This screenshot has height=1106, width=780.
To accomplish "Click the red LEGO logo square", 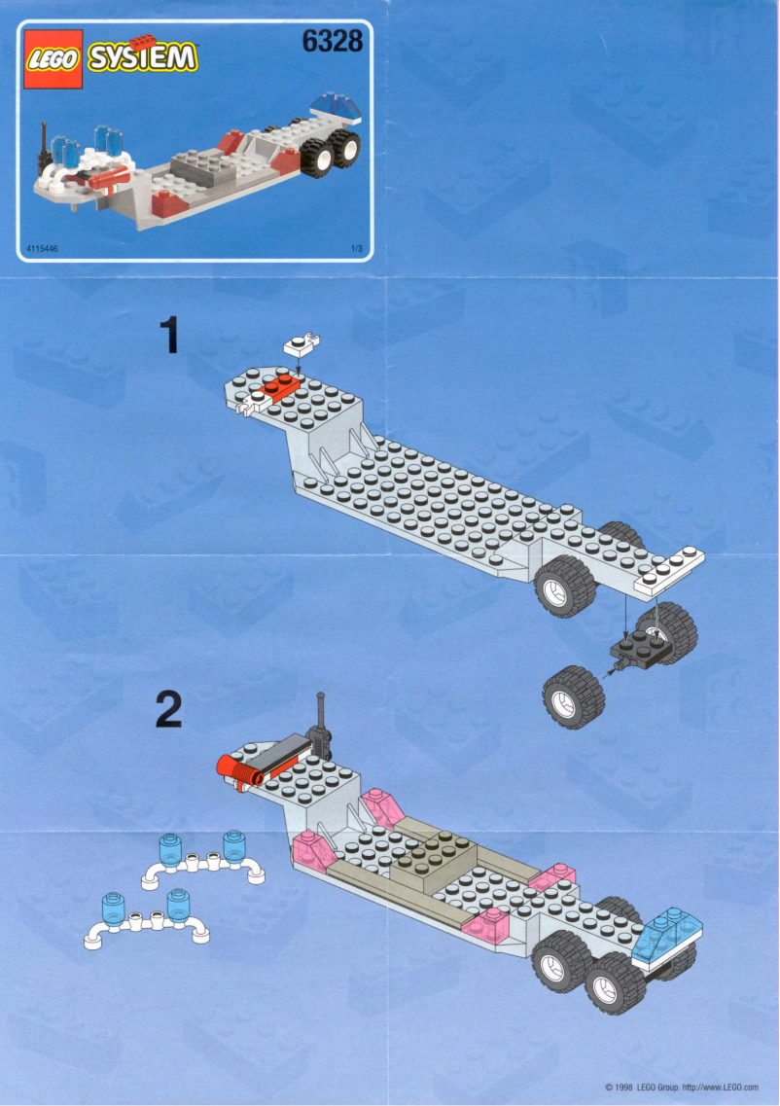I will point(53,60).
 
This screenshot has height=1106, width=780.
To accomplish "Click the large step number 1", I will point(170,337).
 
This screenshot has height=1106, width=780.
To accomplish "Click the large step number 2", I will point(168,710).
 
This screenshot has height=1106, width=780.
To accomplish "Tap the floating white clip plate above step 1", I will point(301,343).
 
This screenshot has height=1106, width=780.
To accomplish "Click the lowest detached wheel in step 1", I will point(573,696).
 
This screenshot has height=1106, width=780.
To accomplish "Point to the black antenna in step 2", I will point(320,727).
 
